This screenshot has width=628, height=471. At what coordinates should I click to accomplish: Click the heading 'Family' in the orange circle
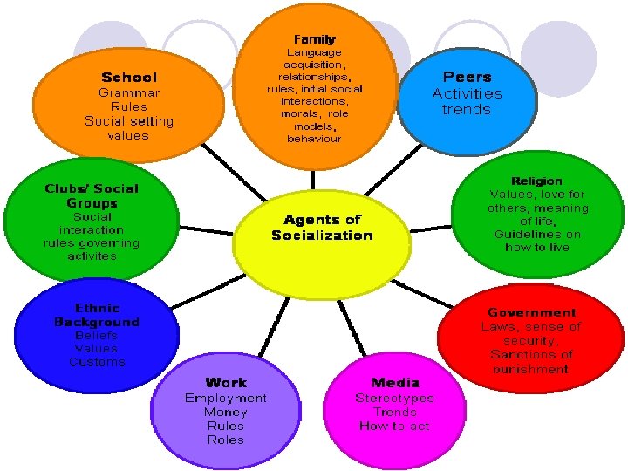314,39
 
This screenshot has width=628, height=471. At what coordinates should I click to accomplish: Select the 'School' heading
129,78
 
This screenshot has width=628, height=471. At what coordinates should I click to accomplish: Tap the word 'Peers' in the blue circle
467,77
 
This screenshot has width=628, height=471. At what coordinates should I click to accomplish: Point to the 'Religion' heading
536,181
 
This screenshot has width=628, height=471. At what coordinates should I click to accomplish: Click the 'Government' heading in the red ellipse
531,312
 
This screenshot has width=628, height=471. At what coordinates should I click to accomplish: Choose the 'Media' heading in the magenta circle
394,382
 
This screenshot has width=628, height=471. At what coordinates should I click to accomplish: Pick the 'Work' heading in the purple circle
226,382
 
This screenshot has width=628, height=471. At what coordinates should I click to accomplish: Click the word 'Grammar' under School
129,92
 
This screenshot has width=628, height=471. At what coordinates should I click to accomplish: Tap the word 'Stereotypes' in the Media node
394,398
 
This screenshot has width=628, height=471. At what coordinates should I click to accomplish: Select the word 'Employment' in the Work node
226,398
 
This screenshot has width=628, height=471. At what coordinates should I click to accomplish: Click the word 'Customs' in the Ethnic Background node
97,362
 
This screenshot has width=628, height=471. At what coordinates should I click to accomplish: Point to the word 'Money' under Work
226,412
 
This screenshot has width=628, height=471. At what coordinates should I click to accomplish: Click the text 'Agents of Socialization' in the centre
322,228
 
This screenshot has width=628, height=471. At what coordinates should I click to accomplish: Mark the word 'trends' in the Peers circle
467,110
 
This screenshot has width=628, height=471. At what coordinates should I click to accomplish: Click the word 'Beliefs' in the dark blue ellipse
97,335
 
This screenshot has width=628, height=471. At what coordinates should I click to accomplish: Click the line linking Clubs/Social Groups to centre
206,230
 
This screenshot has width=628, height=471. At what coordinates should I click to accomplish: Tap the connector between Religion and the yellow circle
431,228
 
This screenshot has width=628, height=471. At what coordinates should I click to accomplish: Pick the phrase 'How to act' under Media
394,426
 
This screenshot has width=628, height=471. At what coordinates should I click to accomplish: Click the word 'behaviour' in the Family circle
314,139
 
